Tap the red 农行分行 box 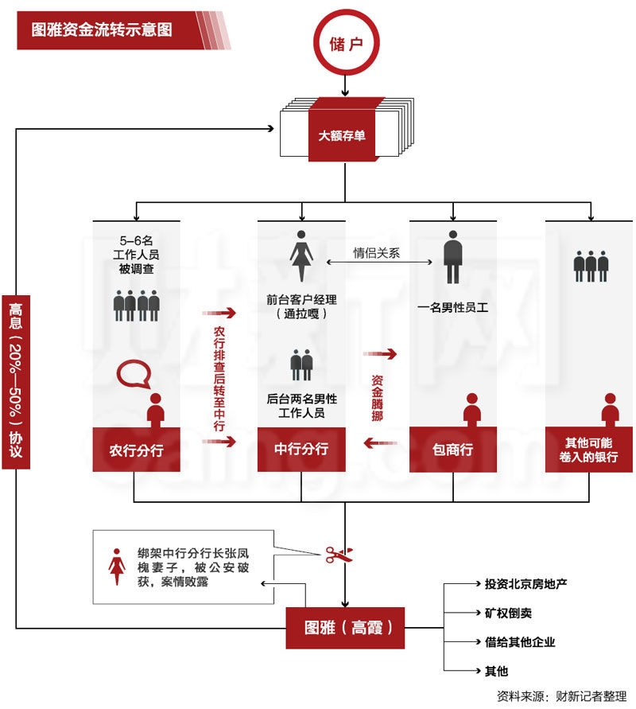point(136,450)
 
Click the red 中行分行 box point(301,449)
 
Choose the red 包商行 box point(452,450)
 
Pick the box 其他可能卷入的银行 point(589,450)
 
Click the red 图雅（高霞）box point(343,627)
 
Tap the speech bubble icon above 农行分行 point(133,374)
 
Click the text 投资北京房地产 point(525,584)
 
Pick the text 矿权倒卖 point(509,613)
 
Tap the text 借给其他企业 point(520,641)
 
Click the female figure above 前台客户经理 point(301,255)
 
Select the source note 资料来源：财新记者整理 point(561,695)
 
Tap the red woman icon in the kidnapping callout point(118,565)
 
